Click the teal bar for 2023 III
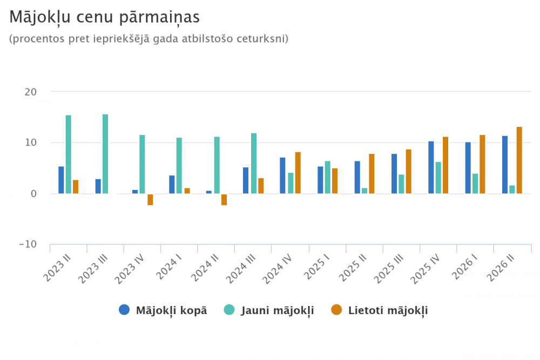coord(105,154)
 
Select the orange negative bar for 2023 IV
coord(150,200)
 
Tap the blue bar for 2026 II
coord(505,165)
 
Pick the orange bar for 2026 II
coord(519,160)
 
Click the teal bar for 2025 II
coord(364,191)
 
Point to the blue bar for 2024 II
coord(208,192)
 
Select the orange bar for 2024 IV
coord(298,173)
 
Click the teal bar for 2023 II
coord(69,154)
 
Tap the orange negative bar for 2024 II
coord(224,200)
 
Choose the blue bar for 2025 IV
coord(431,168)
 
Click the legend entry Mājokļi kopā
coord(163,310)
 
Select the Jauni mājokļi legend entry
coord(269,310)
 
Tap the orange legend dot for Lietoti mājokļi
coord(336,310)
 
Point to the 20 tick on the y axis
coord(31,92)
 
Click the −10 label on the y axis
coord(28,244)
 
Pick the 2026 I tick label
coord(464,267)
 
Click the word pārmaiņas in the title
coord(159,17)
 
